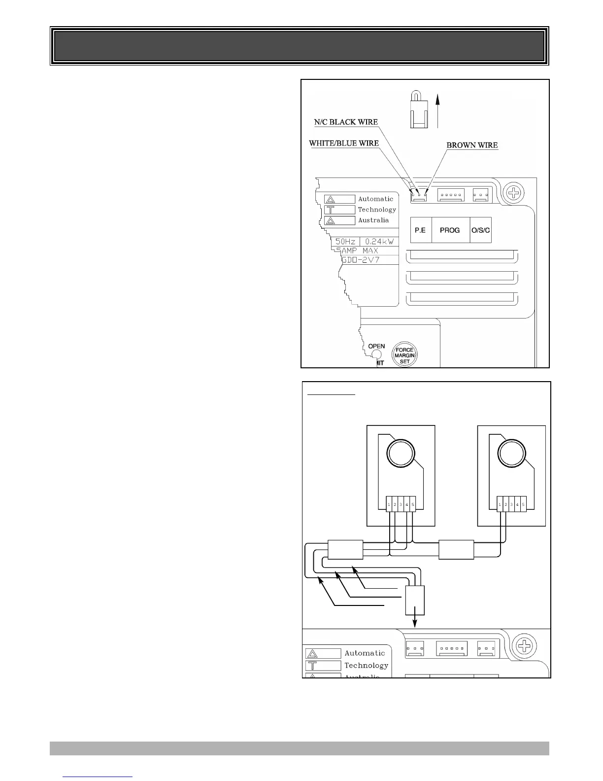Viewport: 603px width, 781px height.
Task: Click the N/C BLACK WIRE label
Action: coord(346,122)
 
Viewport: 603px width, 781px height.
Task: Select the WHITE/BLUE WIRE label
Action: coord(343,143)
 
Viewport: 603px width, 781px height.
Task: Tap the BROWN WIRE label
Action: coord(472,145)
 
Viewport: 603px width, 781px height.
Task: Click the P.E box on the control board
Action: coord(420,230)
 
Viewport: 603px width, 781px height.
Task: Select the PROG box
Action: coord(450,230)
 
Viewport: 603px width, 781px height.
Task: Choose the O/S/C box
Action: coord(481,230)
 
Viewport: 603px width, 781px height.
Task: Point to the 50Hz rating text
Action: coord(345,242)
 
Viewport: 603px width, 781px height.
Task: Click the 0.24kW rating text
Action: coord(378,242)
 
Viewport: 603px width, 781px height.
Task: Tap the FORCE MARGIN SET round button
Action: coord(404,355)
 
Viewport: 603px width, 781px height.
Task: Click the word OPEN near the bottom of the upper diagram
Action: coord(377,346)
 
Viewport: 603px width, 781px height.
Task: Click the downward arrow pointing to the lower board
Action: coord(415,621)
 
